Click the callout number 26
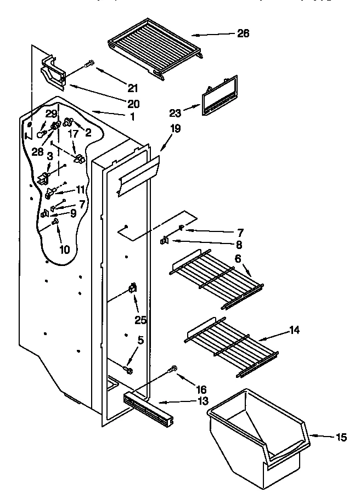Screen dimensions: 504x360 coord(243,34)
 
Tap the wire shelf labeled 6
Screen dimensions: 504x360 coord(217,280)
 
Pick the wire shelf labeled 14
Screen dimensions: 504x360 coord(231,346)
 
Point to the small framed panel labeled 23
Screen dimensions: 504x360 coord(220,97)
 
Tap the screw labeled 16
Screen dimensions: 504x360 coord(173,370)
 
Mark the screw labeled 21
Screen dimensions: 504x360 coord(88,65)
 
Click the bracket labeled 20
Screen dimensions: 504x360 coord(54,71)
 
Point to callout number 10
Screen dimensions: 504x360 coord(64,250)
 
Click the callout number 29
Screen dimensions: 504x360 coord(51,114)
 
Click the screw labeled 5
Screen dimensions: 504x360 coord(130,371)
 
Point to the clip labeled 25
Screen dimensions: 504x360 coord(132,288)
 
